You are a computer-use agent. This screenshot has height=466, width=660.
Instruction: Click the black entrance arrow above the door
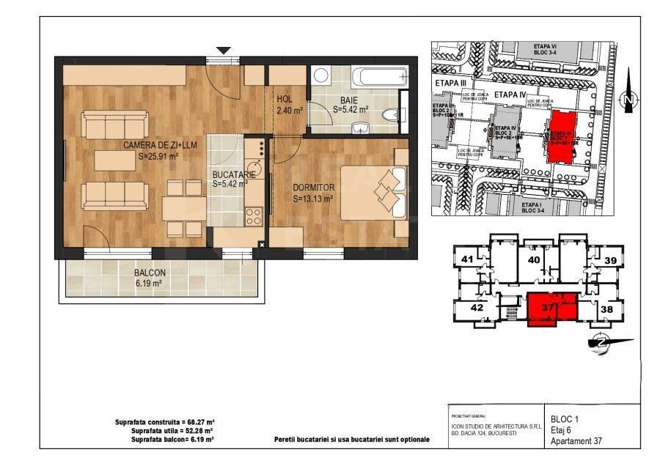pos(224,51)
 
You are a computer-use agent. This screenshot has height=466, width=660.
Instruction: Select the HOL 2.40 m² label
pos(285,106)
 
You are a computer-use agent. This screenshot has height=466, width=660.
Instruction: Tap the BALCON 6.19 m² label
pos(150,277)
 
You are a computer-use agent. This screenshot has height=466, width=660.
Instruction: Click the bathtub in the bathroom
pos(378,76)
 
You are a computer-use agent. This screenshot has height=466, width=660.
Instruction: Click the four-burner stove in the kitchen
pos(254,215)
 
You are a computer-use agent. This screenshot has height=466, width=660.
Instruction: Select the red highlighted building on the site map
pos(563,136)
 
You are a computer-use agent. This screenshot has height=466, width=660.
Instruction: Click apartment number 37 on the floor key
pos(546,308)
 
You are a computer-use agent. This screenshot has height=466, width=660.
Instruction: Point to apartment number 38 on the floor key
pos(606,309)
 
